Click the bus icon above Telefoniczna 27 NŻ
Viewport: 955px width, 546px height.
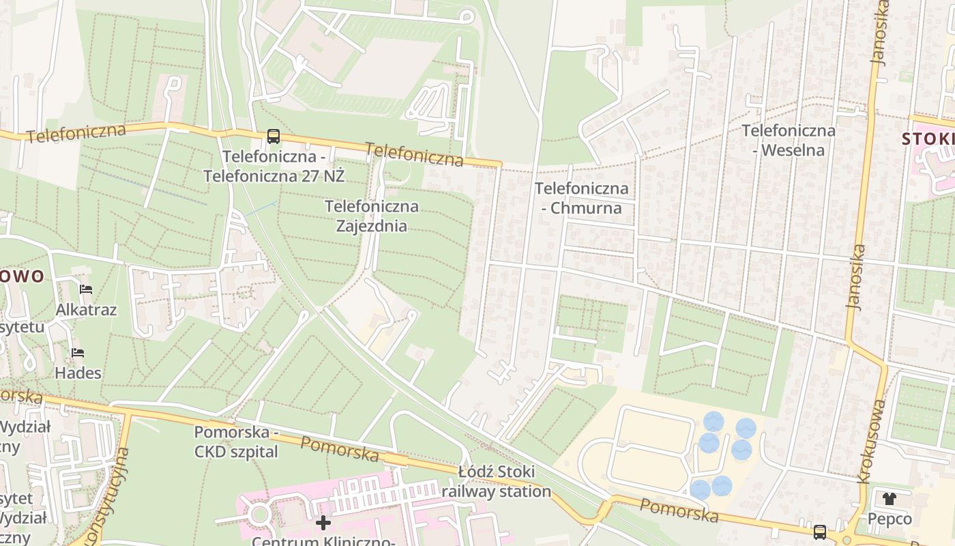pos(274,136)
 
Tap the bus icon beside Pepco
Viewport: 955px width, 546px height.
pos(819,532)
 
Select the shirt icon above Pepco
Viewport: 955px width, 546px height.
pos(890,498)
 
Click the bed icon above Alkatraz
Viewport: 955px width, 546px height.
pos(85,289)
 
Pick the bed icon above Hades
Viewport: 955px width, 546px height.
pos(78,353)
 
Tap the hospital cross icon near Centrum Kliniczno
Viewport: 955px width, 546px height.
pos(323,523)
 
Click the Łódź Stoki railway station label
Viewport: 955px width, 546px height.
pos(496,482)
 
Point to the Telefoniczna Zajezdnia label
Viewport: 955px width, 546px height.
pos(371,216)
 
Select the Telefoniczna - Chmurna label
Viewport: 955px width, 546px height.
pos(582,198)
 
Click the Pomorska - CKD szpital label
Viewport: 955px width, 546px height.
pos(236,442)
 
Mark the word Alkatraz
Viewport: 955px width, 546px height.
pos(86,310)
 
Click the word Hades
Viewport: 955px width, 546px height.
pos(78,373)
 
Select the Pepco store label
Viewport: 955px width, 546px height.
pos(890,519)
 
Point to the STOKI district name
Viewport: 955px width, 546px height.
pos(928,139)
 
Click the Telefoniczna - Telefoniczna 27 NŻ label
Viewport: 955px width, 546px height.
pos(274,166)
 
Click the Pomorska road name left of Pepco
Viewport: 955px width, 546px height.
pos(679,510)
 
